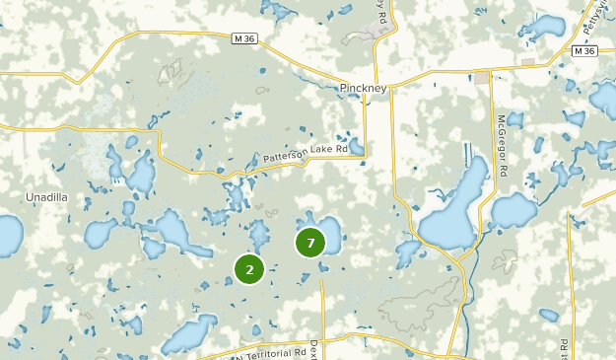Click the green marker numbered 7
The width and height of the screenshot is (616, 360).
310,242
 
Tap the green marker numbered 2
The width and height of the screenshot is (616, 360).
249,268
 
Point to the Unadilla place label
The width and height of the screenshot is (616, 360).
46,197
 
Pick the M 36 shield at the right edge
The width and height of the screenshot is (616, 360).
584,50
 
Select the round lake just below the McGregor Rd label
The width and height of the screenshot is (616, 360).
514,209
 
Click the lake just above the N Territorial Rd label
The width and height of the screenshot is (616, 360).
190,333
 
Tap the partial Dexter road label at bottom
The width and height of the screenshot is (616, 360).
313,350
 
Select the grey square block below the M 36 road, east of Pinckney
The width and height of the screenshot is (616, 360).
529,61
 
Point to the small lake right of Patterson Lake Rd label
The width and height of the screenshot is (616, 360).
357,148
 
